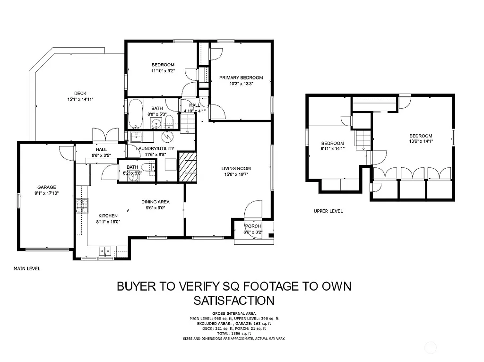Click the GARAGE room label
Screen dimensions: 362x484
tap(47, 187)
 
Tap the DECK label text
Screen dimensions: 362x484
tap(80, 93)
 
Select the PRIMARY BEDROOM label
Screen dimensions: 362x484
tap(241, 78)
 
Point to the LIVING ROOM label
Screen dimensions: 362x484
tap(236, 168)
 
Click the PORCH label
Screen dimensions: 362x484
tap(252, 226)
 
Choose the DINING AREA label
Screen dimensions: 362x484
tap(156, 202)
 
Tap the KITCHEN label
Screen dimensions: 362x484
tap(108, 215)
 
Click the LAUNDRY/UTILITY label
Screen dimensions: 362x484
tap(155, 148)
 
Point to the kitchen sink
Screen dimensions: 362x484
tap(105, 251)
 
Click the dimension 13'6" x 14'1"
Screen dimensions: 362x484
tap(421, 141)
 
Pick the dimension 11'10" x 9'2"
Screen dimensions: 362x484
tap(163, 71)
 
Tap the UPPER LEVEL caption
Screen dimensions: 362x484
tap(328, 211)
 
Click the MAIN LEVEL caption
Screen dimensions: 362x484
tap(27, 268)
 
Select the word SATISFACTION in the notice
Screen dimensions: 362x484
tap(234, 300)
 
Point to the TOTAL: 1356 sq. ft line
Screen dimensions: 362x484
tap(234, 334)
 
